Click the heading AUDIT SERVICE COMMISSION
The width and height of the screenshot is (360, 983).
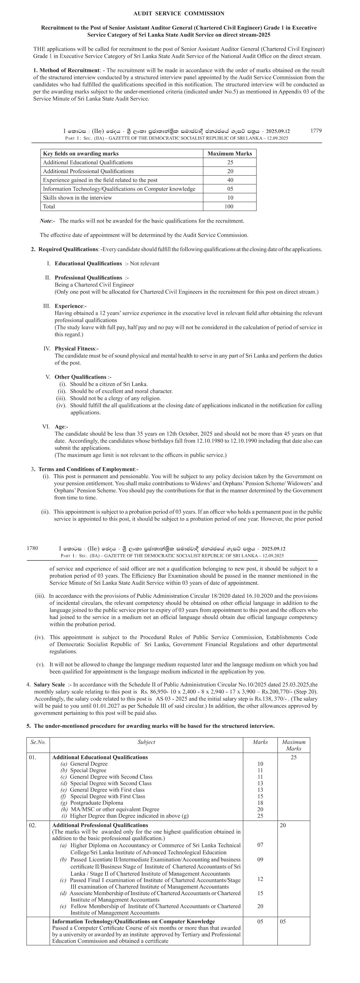(x=179, y=13)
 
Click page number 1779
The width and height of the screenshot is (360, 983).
(x=316, y=130)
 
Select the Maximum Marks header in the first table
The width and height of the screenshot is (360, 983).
(x=230, y=153)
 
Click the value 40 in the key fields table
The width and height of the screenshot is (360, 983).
(x=230, y=180)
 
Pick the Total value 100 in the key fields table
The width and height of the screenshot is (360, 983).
(x=230, y=206)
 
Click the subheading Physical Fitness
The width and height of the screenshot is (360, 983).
(x=75, y=348)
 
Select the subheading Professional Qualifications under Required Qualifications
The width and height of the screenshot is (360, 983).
(x=88, y=277)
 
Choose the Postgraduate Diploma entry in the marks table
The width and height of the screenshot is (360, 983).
(x=96, y=803)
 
